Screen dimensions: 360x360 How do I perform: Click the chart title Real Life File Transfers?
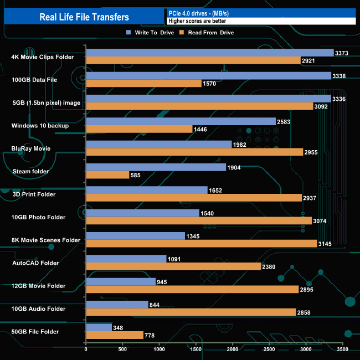pos(84,17)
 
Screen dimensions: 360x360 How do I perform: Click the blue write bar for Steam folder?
pos(156,167)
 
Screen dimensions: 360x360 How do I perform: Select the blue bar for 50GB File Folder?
pos(99,327)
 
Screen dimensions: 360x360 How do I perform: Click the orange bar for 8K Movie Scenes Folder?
pos(201,244)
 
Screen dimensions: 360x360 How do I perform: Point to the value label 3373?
pos(342,53)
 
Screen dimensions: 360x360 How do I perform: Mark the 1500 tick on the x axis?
pos(196,349)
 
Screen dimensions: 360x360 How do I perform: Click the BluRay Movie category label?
pos(31,148)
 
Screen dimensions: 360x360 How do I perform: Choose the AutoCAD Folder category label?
pos(35,263)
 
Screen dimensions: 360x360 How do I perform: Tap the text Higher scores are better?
pos(197,21)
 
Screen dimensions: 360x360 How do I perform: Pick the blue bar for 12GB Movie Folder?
pos(121,281)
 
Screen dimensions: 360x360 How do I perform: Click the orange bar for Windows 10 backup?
pos(139,129)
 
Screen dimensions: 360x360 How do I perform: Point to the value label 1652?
pos(215,190)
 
